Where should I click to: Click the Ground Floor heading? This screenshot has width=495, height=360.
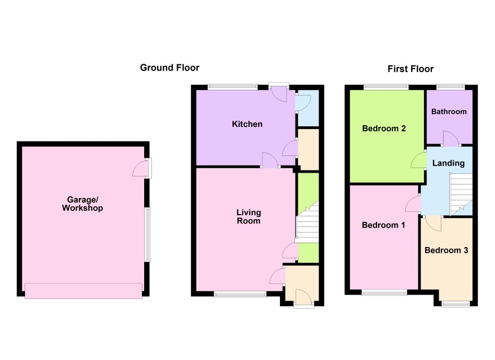(169, 68)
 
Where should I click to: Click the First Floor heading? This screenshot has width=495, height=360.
(411, 69)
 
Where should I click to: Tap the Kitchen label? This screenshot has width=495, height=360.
(247, 124)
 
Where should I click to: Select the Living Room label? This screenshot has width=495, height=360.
(249, 217)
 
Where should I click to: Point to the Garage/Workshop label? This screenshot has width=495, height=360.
(82, 203)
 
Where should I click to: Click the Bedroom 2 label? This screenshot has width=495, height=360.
(384, 129)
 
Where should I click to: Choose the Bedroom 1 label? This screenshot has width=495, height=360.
(383, 225)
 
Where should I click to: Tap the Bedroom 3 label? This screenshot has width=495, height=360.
(446, 250)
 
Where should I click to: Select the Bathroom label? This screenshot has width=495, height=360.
(449, 111)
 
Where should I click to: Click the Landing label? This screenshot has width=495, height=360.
(448, 163)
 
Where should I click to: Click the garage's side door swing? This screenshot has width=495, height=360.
(139, 168)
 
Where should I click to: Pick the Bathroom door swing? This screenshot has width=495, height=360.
(451, 138)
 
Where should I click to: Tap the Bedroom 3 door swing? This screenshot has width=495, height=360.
(433, 224)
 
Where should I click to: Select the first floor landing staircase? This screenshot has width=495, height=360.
(461, 194)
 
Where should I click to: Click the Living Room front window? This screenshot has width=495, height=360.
(240, 294)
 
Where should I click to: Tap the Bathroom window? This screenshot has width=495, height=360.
(451, 87)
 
